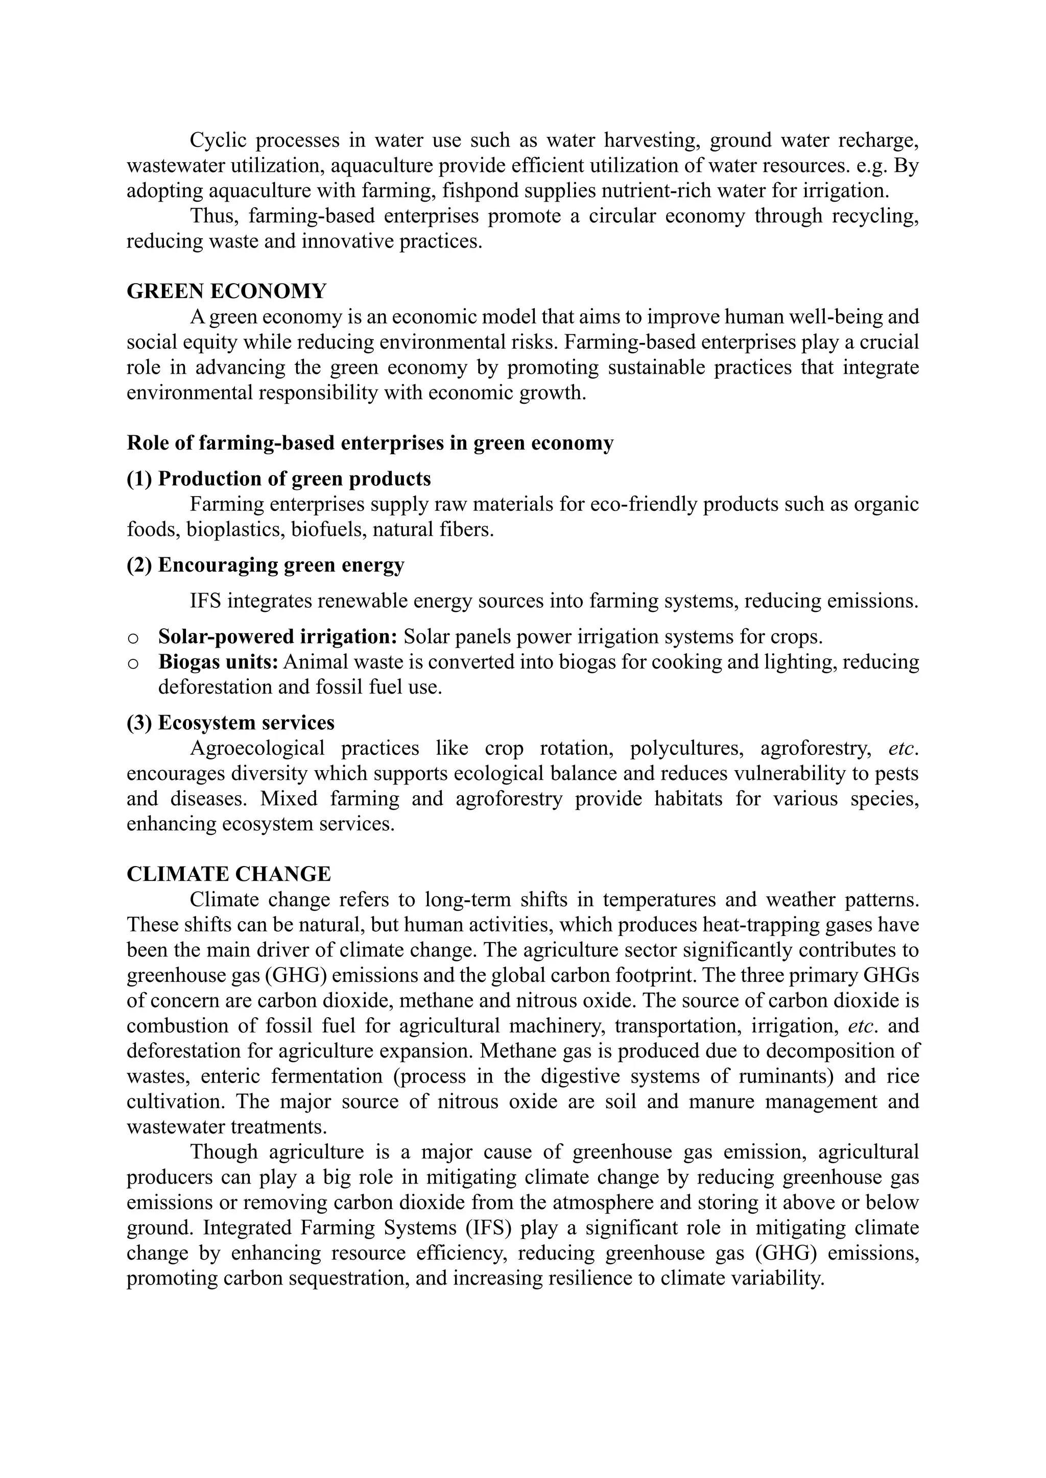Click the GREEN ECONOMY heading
point(226,291)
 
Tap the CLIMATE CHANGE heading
point(229,874)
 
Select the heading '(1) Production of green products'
point(278,479)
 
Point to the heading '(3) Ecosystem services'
point(230,723)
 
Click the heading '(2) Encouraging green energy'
point(266,565)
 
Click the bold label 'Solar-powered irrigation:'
point(278,636)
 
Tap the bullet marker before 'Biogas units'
point(133,663)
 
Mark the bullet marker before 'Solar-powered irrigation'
point(133,638)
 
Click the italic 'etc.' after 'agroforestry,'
point(903,749)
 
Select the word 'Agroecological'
point(257,749)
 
